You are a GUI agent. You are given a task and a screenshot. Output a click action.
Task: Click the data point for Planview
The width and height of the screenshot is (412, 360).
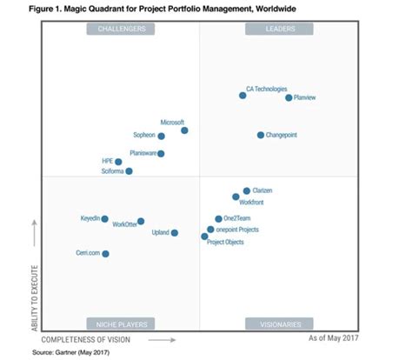(x=289, y=97)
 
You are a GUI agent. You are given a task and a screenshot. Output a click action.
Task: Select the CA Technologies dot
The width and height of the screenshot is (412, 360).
(x=243, y=95)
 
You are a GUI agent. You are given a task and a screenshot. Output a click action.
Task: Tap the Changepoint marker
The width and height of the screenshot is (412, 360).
(x=260, y=135)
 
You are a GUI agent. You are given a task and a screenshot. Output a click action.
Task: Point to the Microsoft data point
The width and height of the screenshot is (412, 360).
(x=184, y=130)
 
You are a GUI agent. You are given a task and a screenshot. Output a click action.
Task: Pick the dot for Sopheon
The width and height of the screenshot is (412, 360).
(x=161, y=136)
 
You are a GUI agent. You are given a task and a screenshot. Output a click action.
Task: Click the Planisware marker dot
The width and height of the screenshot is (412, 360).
(x=161, y=154)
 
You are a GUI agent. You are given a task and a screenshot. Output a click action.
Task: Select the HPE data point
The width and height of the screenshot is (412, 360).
(x=120, y=162)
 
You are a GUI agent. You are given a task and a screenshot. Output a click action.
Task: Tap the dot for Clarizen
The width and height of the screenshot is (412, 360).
(x=246, y=190)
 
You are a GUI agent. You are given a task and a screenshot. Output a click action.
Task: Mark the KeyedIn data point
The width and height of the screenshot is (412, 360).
(x=105, y=219)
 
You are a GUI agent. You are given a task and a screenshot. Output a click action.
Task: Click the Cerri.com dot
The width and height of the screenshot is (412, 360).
(x=105, y=254)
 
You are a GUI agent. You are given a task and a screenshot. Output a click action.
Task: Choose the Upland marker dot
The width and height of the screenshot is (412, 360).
(x=175, y=233)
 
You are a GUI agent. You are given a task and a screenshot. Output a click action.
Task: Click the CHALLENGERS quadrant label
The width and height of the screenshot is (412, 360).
(x=121, y=29)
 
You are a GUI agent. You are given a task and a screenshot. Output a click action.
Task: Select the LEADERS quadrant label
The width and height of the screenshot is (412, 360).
(x=278, y=29)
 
